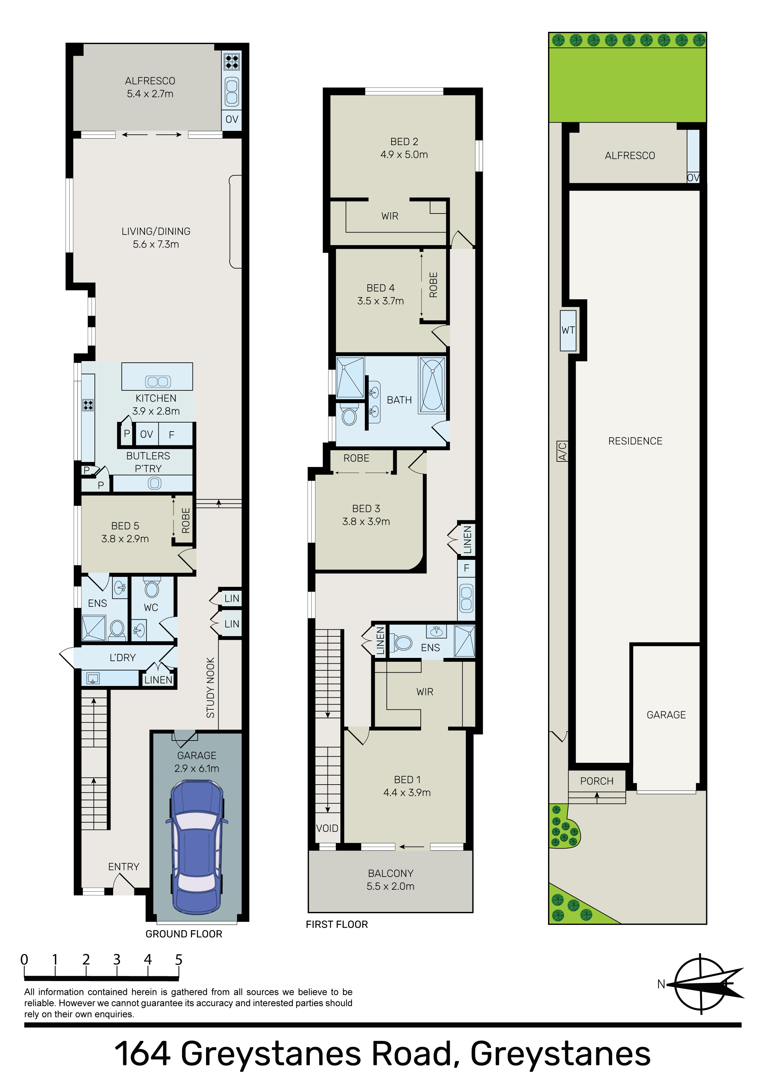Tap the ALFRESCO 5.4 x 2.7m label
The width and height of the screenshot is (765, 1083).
[x=150, y=87]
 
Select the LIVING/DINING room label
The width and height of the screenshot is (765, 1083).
[x=156, y=238]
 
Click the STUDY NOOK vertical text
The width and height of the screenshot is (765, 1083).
[x=210, y=687]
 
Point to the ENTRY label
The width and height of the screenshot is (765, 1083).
[x=123, y=867]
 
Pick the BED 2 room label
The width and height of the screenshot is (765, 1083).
[x=404, y=148]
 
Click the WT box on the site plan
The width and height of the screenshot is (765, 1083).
[x=568, y=330]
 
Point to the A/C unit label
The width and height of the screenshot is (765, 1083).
[x=562, y=451]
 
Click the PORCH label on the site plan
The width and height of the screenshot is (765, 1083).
[x=597, y=781]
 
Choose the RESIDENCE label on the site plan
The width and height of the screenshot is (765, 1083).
[x=635, y=441]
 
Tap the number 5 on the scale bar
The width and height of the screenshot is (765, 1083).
[x=179, y=960]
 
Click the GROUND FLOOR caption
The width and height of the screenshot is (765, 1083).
[x=184, y=934]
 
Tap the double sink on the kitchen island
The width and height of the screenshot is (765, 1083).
[x=157, y=382]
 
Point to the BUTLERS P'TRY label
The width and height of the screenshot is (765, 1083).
[x=148, y=462]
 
